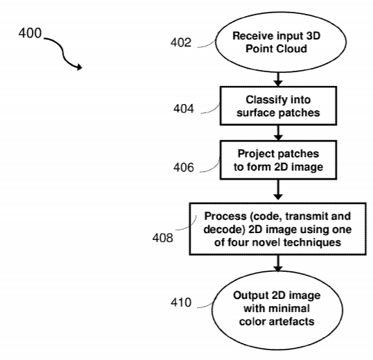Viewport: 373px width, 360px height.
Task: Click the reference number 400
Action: coord(30,33)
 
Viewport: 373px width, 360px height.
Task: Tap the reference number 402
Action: coord(181,42)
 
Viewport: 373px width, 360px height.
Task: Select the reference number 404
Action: coord(184,109)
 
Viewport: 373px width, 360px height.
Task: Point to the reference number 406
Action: coord(184,167)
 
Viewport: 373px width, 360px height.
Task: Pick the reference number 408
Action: coord(162,238)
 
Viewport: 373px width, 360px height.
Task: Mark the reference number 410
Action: coord(181,302)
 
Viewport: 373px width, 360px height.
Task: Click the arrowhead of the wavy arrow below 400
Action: coord(80,67)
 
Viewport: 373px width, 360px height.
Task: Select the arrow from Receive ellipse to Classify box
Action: coord(278,79)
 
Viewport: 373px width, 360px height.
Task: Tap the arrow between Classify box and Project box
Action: coord(278,132)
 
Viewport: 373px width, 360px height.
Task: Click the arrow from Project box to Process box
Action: coord(278,189)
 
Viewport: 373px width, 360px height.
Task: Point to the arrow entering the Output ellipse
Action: coord(278,264)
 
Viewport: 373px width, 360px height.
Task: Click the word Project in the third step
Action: coord(252,155)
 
